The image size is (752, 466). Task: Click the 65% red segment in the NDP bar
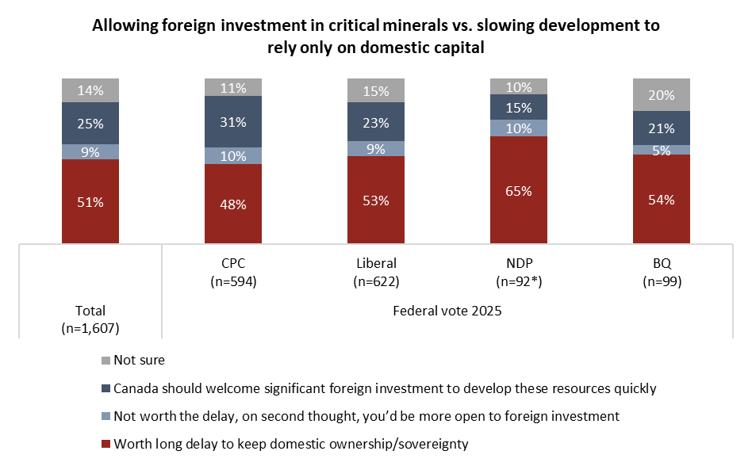518,190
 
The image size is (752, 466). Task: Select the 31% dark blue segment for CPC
233,122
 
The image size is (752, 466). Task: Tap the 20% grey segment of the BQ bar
661,95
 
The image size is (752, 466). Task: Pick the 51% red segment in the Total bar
90,201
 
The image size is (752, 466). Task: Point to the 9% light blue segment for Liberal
376,148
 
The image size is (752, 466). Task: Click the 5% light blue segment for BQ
661,150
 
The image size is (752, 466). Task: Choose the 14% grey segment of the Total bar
90,90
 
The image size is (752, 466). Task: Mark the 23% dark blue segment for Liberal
376,123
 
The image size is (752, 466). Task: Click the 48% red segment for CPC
233,204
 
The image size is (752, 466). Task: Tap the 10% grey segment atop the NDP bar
518,87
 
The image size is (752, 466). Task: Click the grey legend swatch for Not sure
105,361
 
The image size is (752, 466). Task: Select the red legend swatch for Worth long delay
105,444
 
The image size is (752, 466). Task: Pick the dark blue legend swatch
105,388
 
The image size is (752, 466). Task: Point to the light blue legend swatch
105,416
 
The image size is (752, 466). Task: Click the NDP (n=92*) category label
518,272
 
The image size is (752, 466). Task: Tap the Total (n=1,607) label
90,319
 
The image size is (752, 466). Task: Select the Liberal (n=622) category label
376,272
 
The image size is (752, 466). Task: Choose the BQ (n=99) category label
661,272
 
